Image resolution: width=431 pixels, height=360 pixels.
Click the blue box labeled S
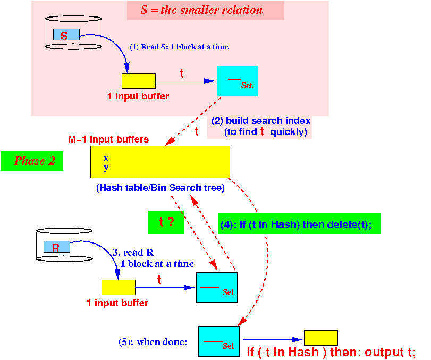[x=66, y=35]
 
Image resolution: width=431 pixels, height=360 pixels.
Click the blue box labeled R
[x=57, y=247]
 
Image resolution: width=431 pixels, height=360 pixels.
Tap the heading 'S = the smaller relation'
[x=202, y=10]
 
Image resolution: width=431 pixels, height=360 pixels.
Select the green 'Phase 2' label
[x=32, y=161]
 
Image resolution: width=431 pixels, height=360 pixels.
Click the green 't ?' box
[x=166, y=222]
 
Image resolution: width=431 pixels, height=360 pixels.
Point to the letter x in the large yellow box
[x=106, y=158]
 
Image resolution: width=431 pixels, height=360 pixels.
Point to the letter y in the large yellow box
[x=106, y=168]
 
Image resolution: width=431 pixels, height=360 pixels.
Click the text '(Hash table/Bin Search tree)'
[x=160, y=188]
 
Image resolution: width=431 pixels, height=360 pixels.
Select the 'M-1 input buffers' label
[x=108, y=139]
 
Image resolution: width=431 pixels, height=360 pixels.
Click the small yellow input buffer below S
[x=139, y=81]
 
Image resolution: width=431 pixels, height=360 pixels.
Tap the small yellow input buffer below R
[x=119, y=287]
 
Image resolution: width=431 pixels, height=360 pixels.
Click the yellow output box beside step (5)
[x=321, y=338]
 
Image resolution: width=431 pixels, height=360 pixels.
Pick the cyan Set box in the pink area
[x=238, y=81]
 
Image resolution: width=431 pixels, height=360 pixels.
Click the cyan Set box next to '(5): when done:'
[x=219, y=341]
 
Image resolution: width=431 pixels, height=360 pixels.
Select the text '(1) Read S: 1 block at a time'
[x=179, y=47]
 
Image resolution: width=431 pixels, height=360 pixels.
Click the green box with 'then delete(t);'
[x=300, y=223]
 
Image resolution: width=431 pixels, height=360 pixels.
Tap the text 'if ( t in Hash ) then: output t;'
[x=331, y=352]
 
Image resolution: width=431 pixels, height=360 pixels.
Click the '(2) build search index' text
[x=261, y=121]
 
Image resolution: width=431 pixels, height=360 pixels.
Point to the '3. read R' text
[x=133, y=252]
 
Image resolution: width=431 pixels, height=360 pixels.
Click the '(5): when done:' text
[x=153, y=342]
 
